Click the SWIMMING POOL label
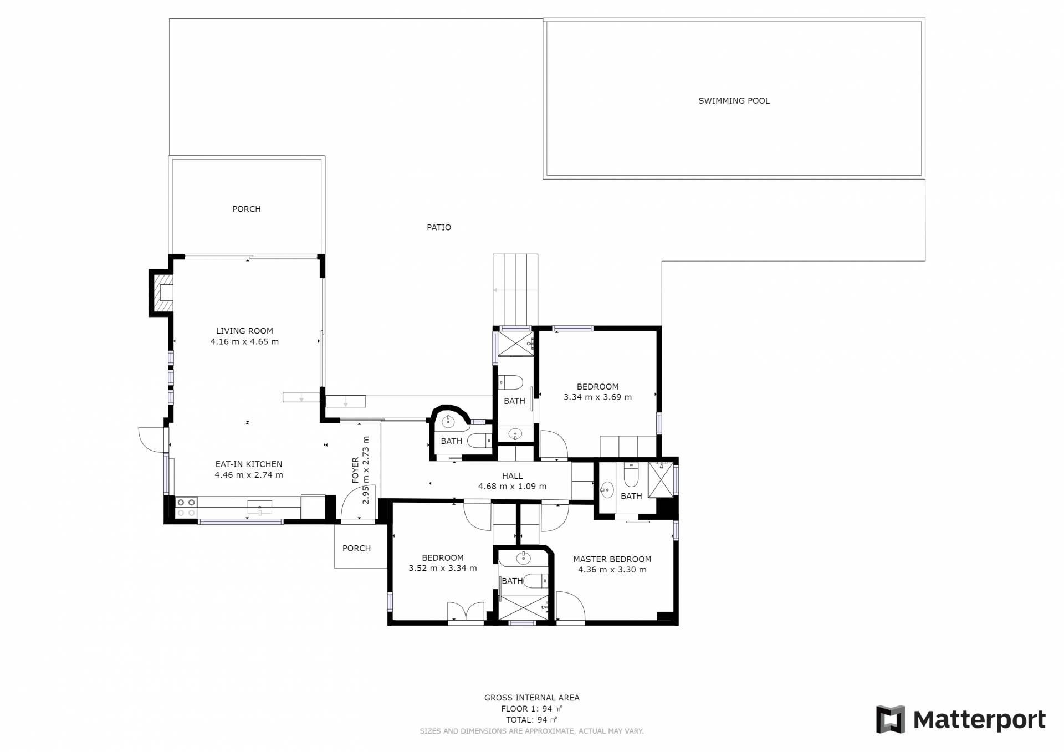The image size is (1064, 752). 734,101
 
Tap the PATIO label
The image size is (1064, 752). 439,227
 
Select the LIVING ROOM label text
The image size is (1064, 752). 244,331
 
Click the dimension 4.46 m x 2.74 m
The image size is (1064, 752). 249,475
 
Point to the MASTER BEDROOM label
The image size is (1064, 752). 612,560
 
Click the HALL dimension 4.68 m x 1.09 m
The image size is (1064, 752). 513,487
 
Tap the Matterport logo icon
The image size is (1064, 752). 891,719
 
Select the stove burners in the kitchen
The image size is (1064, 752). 186,508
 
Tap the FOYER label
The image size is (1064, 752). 356,470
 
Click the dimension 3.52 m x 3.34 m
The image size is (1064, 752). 443,568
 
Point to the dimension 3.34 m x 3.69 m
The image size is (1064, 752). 597,397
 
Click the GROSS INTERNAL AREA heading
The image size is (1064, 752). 532,698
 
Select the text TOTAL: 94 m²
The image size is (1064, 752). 531,720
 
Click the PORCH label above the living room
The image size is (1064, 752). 247,209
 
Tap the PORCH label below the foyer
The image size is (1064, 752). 356,548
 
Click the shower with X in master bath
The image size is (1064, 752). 661,480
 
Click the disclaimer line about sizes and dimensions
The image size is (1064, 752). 532,731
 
